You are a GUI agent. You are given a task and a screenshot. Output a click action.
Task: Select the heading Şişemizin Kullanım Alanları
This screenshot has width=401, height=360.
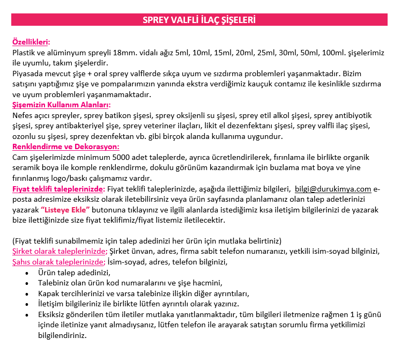point(61,105)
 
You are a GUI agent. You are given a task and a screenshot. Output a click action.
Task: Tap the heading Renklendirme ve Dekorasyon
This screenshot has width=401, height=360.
point(65,146)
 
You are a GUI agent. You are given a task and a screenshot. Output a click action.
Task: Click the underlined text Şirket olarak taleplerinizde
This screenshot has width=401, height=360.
point(60,251)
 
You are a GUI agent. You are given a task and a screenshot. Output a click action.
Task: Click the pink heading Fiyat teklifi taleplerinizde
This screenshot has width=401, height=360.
point(57,189)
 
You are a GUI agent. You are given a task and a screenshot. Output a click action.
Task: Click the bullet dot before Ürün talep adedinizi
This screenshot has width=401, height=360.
point(27,273)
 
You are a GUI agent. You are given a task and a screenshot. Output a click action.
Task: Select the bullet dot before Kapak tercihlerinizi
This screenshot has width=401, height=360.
point(27,294)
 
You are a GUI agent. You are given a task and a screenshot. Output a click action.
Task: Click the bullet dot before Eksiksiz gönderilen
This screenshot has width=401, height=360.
point(27,315)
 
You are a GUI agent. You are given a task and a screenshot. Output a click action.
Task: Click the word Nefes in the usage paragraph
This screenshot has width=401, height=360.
point(22,115)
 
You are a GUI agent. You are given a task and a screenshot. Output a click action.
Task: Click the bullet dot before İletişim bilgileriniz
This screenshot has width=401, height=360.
point(27,304)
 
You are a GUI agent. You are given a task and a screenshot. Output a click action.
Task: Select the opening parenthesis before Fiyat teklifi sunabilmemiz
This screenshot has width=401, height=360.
point(13,241)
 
